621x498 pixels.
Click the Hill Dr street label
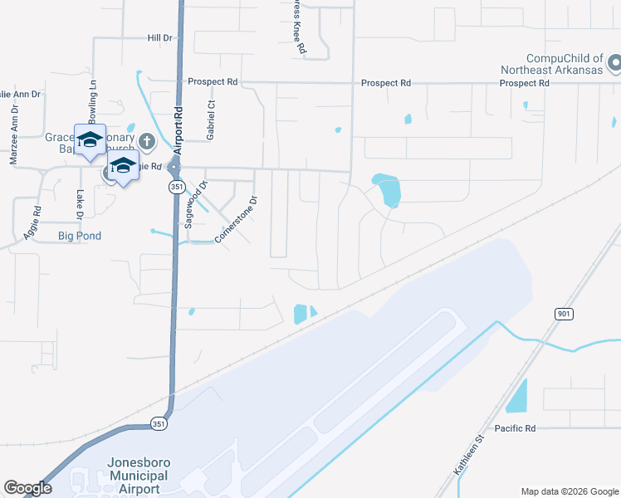(159, 38)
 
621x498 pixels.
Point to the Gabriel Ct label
(211, 121)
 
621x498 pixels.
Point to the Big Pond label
(80, 237)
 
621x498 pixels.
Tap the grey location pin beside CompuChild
(614, 63)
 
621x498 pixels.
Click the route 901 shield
(564, 314)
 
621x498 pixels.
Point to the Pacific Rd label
(516, 428)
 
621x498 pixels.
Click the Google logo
(28, 489)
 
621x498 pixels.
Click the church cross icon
(146, 140)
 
